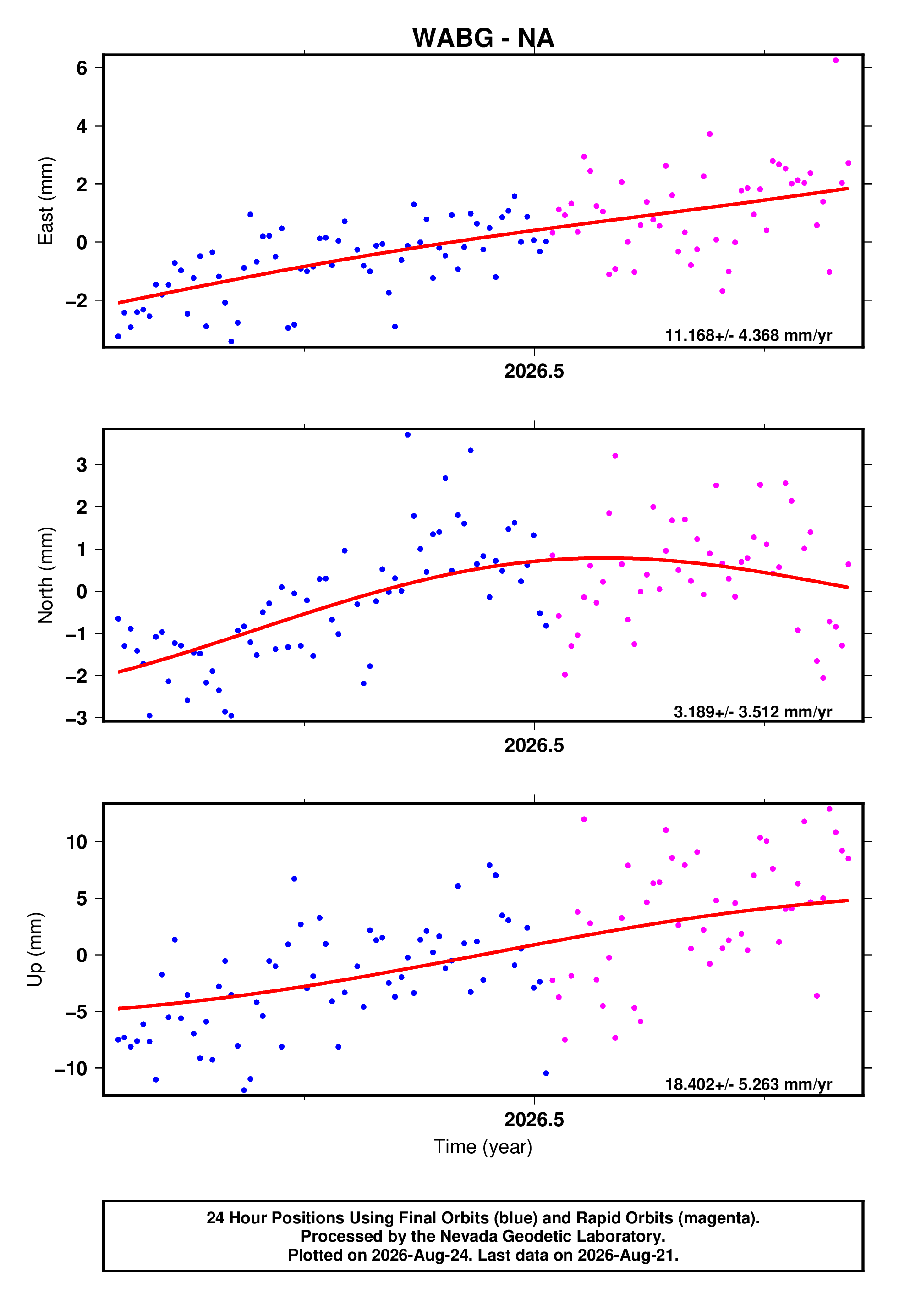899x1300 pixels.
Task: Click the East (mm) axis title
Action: (46, 201)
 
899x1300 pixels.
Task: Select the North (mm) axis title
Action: (46, 575)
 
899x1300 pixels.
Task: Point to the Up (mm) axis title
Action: (35, 950)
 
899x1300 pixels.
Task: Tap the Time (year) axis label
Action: (483, 1147)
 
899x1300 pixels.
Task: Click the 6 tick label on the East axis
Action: (82, 68)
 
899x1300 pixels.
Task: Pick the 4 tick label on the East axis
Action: (82, 126)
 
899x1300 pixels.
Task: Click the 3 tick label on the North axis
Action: (82, 465)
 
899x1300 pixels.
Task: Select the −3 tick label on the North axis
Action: (77, 718)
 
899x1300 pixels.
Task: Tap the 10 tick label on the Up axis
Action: (77, 842)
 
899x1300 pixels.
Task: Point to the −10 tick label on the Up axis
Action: (71, 1069)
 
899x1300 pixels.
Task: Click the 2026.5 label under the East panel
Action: (534, 371)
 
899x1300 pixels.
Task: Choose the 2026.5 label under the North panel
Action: (534, 745)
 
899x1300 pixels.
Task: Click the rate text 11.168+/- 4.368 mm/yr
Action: (749, 335)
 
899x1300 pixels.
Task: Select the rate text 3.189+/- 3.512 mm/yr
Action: (753, 712)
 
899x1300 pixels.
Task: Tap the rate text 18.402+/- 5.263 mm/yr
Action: (749, 1084)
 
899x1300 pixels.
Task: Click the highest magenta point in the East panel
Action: (836, 60)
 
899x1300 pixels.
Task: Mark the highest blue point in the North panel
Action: (408, 435)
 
